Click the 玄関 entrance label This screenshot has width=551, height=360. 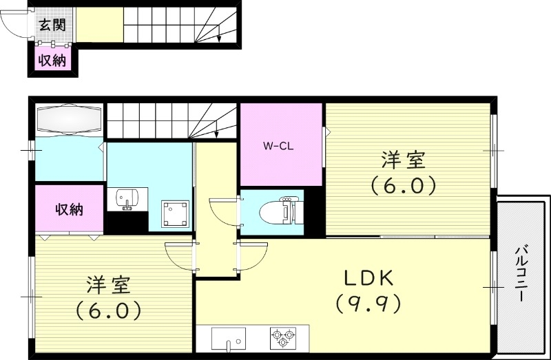click(52, 25)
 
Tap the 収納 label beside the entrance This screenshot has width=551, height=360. click(52, 61)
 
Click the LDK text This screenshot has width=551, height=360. click(368, 278)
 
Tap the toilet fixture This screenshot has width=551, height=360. click(282, 212)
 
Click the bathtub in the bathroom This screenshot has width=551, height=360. click(69, 120)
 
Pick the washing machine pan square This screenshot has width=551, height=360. click(176, 213)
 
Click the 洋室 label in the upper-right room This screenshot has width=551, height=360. click(404, 161)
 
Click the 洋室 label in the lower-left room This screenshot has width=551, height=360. click(109, 285)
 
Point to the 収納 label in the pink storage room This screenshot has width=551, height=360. click(70, 209)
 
